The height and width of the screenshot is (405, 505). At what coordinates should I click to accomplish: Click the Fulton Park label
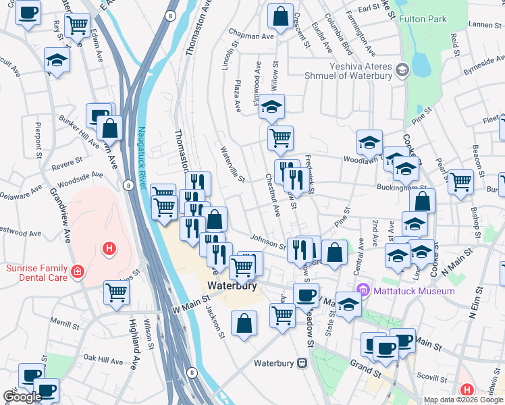[423, 20]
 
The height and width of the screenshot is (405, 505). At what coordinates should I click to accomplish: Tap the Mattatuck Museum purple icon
[365, 290]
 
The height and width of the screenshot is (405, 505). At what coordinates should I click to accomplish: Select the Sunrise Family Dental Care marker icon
[78, 271]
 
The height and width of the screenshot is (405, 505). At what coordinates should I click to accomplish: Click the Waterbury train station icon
[302, 363]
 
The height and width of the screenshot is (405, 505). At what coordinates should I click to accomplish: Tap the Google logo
[22, 397]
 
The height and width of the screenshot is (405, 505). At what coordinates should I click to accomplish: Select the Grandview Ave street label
[59, 215]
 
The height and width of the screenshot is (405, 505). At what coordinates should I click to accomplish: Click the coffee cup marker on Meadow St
[306, 294]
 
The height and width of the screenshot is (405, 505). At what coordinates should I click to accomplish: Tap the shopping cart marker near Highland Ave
[117, 292]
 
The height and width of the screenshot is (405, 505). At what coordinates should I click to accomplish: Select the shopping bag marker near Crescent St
[280, 16]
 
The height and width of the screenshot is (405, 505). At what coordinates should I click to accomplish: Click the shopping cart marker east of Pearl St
[460, 181]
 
